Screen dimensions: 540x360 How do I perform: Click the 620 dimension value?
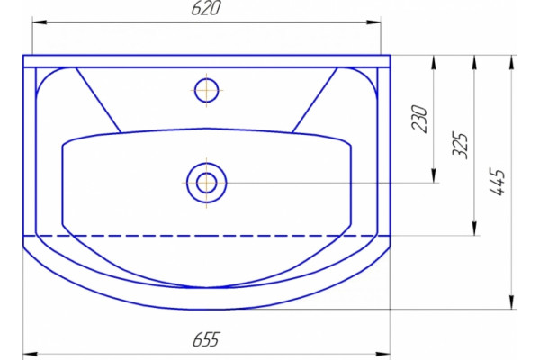point(205,9)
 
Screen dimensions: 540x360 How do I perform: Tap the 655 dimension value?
point(206,339)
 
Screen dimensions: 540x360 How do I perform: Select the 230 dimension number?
point(419,119)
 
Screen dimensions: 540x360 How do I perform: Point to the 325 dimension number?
point(461,145)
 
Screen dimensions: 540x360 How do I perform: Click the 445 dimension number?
point(498,182)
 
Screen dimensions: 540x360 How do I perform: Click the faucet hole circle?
point(206,90)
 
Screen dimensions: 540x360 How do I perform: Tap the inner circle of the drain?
point(207,183)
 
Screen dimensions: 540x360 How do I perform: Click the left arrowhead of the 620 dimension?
point(40,22)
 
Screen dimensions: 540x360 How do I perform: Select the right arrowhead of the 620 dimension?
point(374,22)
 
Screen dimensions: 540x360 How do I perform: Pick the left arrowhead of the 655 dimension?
point(30,354)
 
